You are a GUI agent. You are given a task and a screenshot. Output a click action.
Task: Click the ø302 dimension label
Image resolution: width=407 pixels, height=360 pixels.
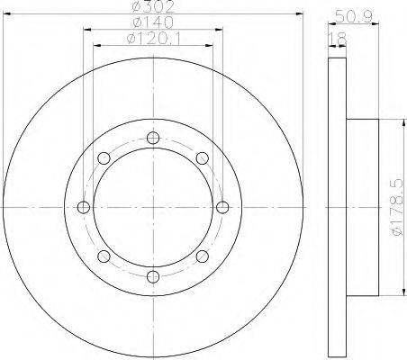pos(153,6)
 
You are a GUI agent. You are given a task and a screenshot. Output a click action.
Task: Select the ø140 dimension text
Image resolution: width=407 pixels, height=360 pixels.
pos(153,22)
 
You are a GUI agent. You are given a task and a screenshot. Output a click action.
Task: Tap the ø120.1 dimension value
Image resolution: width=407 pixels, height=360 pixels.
pos(154,39)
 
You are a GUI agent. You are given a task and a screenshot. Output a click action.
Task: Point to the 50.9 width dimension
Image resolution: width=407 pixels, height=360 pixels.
pos(354,17)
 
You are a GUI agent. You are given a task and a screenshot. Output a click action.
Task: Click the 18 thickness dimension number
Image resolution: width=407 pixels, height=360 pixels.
pos(338,39)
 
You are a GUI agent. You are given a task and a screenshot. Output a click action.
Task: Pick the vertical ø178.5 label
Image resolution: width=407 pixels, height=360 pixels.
pos(396,207)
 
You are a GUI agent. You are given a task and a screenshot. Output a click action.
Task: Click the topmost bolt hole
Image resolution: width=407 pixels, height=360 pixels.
pos(153,138)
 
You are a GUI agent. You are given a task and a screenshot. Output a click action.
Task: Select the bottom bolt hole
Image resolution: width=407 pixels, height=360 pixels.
pos(153,276)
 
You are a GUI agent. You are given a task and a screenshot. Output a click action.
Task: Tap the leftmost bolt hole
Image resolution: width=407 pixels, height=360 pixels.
pos(84,207)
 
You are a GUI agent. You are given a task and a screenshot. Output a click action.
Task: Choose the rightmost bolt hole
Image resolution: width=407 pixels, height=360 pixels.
pos(222,207)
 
